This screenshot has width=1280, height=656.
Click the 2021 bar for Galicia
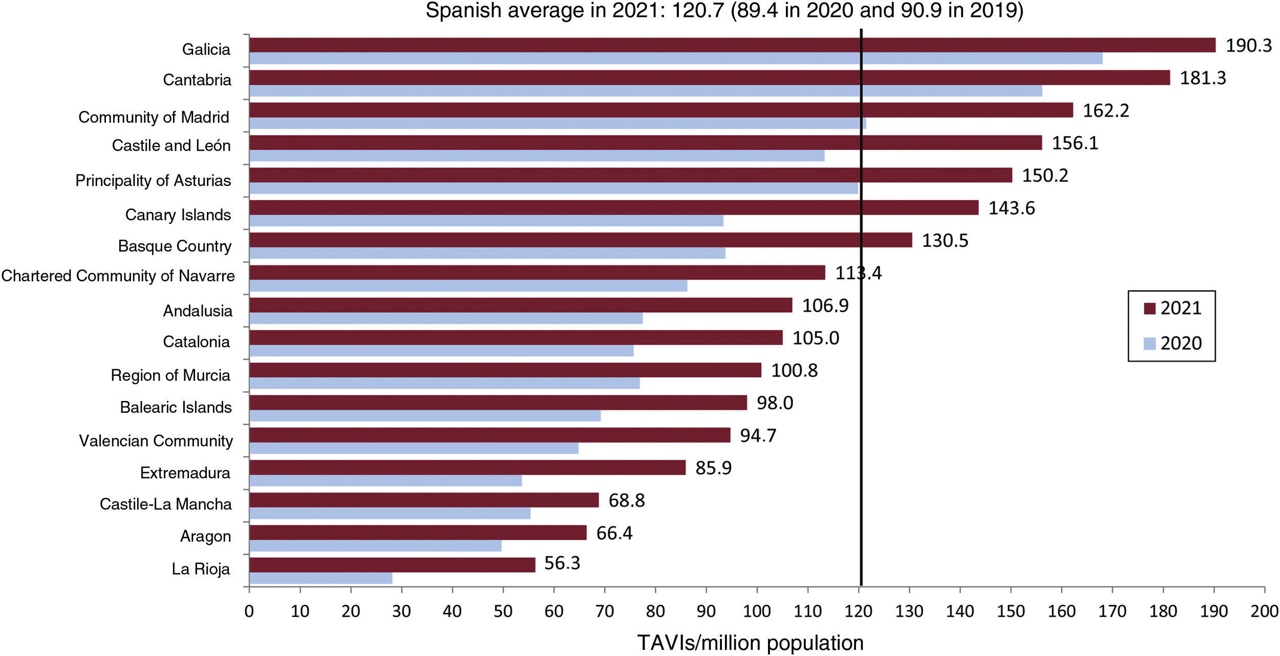point(732,45)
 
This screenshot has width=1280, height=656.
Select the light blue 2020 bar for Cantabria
point(645,91)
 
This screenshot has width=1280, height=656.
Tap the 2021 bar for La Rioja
point(392,565)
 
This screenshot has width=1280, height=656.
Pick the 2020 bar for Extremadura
point(385,481)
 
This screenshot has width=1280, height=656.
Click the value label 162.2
point(1105,111)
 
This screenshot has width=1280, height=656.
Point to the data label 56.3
point(562,563)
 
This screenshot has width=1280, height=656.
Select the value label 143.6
point(1011,208)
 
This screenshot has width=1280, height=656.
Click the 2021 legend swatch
point(1149,308)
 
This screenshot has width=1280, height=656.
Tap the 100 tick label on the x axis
point(757,611)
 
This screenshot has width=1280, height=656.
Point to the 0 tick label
point(249,611)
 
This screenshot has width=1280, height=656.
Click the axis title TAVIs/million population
point(750,643)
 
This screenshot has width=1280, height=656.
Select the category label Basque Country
point(175,246)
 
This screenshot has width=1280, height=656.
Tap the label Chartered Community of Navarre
point(118,276)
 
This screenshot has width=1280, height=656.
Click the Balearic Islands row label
point(176,408)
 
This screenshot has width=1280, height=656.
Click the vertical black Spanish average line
point(861,410)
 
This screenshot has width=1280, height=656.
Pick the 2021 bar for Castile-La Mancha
point(424,500)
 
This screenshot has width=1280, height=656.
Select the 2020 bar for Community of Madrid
point(557,123)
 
